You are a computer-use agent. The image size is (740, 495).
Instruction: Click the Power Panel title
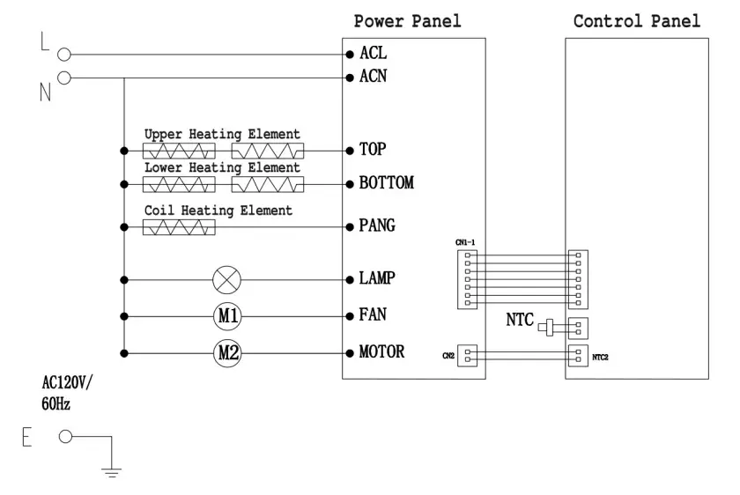pos(407,21)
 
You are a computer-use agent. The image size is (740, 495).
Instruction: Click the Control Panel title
pos(637,21)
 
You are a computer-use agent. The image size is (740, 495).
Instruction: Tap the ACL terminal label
pos(373,54)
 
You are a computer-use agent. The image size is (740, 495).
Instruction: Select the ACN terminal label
pos(373,77)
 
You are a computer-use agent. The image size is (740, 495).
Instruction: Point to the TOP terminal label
pos(373,150)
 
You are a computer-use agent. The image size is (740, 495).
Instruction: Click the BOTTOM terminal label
pos(386,184)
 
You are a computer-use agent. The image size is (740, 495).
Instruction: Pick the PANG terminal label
pos(377,226)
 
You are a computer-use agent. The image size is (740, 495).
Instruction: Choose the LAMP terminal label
pos(377,279)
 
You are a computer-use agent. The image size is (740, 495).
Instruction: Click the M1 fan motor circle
pos(227,314)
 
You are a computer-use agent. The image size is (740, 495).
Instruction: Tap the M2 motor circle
pos(227,353)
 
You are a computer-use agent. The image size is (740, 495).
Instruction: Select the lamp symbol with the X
pos(227,279)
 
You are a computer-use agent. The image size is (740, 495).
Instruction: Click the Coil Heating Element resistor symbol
pos(178,227)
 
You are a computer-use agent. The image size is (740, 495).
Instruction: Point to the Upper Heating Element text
pos(222,134)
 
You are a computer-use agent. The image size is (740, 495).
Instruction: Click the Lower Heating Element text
pos(222,167)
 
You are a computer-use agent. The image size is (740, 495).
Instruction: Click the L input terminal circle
pos(63,55)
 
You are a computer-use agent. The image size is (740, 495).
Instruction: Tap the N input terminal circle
pos(63,78)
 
